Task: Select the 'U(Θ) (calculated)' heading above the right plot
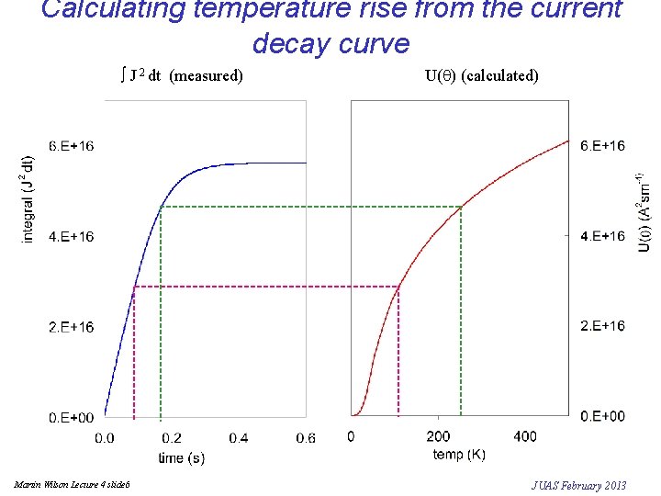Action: click(482, 75)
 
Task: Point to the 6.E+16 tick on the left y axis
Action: click(72, 146)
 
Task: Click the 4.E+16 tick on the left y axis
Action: click(72, 237)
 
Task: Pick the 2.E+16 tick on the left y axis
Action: click(72, 328)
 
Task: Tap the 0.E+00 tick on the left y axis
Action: click(72, 418)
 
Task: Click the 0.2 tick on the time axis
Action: click(172, 438)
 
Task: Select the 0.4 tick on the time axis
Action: click(239, 438)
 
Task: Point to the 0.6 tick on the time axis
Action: click(306, 438)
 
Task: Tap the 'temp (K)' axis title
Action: click(459, 455)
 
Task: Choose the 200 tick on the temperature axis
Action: click(439, 436)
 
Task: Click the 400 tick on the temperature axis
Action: click(525, 436)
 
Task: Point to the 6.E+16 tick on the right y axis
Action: click(603, 146)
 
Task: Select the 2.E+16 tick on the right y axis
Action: click(603, 326)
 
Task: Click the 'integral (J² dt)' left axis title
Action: click(28, 198)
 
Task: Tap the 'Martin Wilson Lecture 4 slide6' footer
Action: click(73, 484)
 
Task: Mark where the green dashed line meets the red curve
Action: click(461, 208)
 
